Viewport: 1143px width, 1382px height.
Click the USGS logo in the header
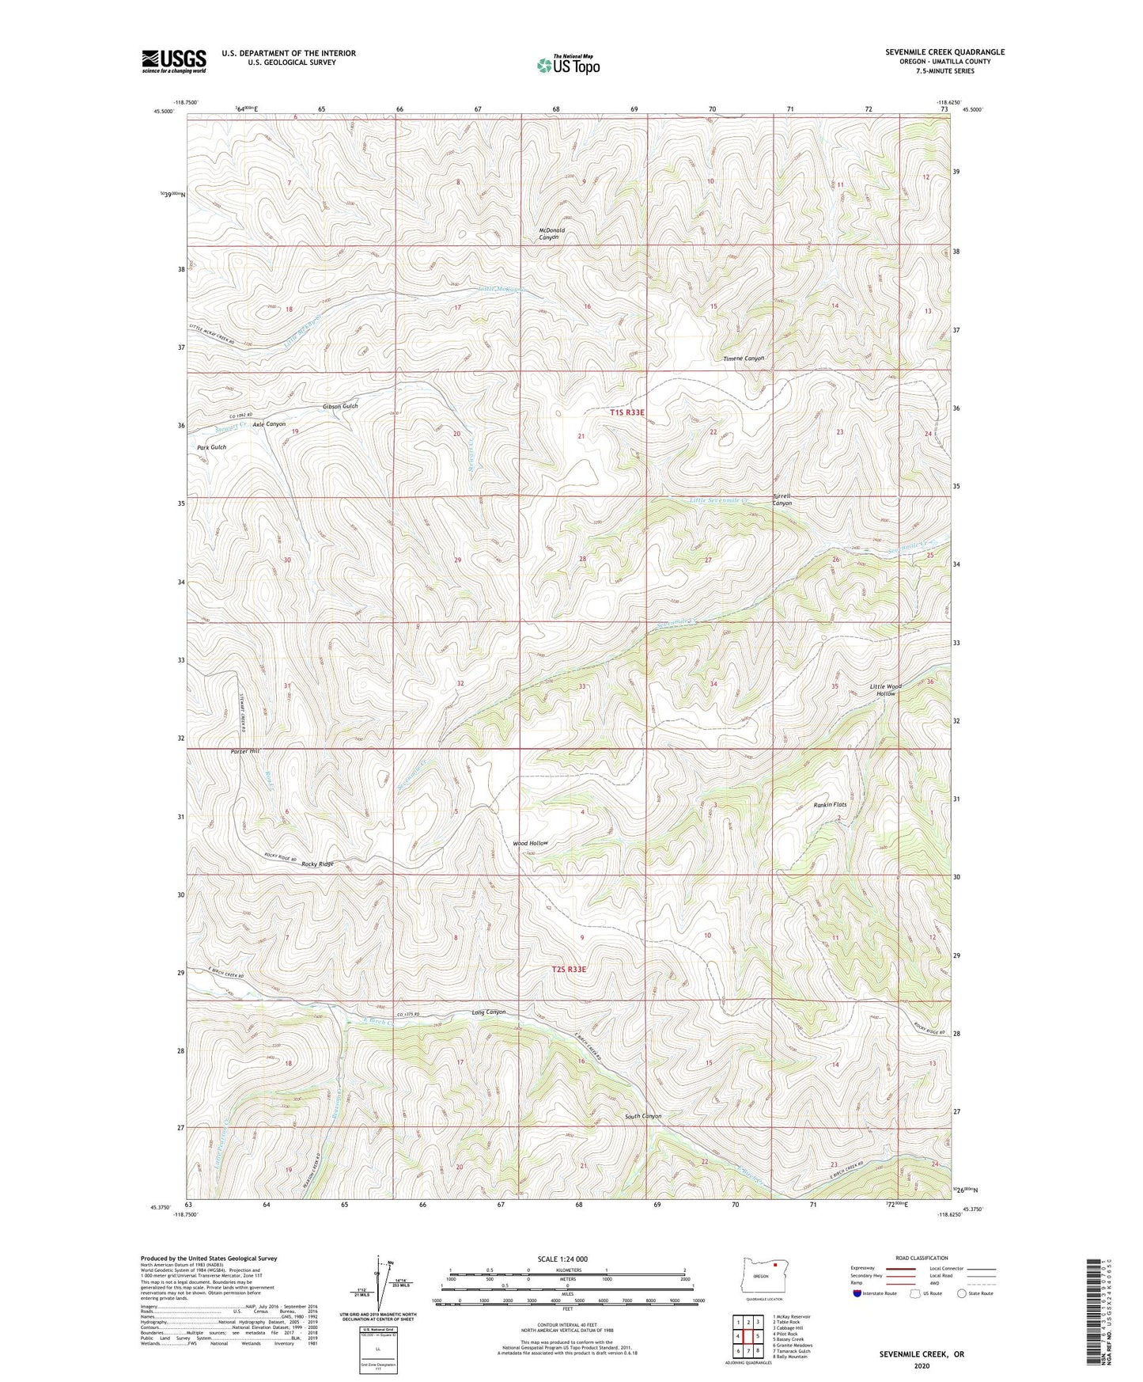(174, 61)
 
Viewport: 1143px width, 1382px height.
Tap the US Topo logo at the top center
(567, 65)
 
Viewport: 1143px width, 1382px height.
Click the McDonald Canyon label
(551, 233)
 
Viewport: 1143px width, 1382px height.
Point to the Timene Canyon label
(744, 359)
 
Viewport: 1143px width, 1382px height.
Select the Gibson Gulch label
(340, 406)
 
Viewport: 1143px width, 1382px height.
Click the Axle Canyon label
(269, 424)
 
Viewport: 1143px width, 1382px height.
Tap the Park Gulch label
(211, 447)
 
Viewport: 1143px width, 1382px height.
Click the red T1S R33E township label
(627, 412)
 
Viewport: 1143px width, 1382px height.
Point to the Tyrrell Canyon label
(782, 499)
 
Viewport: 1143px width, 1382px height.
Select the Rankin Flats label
(830, 805)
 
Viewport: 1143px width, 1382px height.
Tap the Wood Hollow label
(530, 843)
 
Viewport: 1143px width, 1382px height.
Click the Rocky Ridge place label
(318, 864)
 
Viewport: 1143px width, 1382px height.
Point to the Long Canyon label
(488, 1012)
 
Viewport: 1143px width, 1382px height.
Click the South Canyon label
(642, 1116)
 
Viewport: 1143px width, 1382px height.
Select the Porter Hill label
(244, 750)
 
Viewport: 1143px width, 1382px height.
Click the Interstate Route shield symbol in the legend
(857, 1294)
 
